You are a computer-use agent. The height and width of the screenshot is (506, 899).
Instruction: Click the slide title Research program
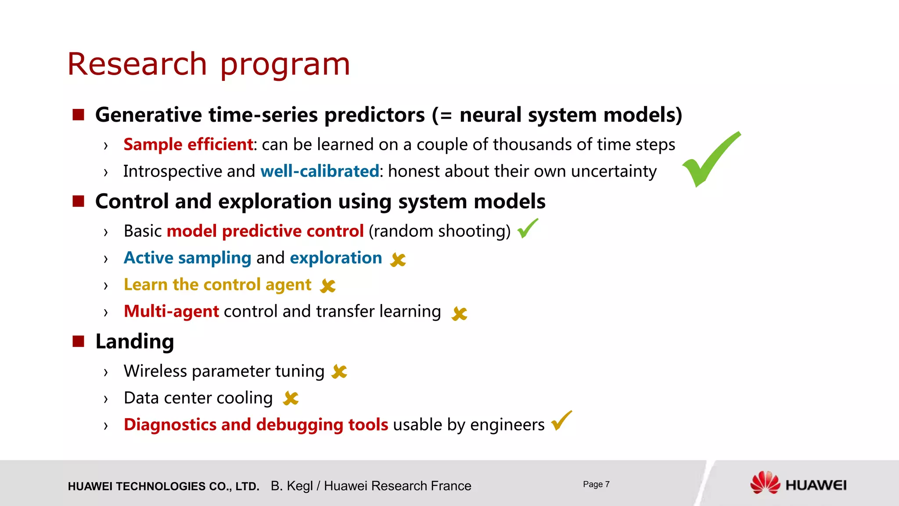tap(209, 65)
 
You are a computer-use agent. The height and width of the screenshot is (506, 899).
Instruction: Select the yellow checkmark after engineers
tap(561, 421)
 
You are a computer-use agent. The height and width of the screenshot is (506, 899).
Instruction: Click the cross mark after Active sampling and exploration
tap(398, 260)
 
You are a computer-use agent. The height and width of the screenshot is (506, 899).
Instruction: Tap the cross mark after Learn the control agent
tap(327, 286)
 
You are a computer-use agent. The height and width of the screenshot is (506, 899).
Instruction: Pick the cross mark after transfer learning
tap(459, 313)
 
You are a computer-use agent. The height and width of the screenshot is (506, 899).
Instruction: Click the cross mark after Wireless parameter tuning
tap(339, 372)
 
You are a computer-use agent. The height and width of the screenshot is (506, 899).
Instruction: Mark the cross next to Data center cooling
tap(291, 398)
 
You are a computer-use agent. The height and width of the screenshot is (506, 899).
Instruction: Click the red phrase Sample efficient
tap(188, 145)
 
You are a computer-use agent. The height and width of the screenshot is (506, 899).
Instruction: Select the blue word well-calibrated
tap(320, 171)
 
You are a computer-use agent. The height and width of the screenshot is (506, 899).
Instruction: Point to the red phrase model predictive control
tap(265, 231)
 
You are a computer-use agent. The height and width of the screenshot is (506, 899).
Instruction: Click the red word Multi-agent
tap(171, 311)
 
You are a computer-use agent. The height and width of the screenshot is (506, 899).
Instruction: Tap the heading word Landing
tap(135, 341)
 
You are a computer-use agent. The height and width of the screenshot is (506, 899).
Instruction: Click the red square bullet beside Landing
tap(78, 341)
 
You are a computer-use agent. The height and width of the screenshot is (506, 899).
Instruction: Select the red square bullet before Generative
tap(78, 115)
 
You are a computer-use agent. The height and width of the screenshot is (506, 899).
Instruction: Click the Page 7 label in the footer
tap(596, 484)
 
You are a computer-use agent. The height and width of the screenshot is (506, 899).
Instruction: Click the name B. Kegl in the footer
tap(291, 486)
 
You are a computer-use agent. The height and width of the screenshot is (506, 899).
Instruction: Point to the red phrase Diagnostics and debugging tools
tap(256, 425)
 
